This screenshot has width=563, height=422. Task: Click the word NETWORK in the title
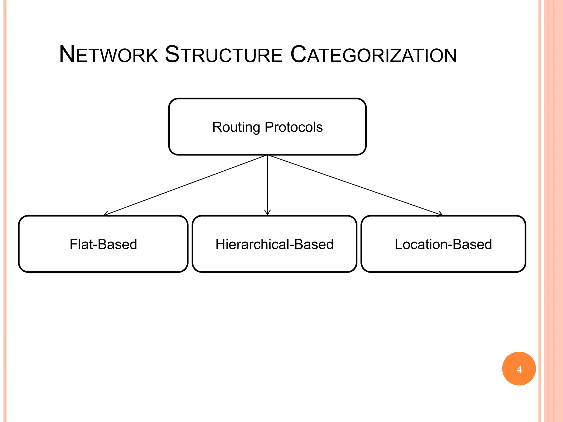coord(109,55)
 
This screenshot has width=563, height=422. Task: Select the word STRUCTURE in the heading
coord(223,55)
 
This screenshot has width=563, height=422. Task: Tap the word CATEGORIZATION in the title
coord(373,55)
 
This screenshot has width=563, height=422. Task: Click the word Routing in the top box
coord(236,127)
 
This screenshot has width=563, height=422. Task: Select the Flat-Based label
coord(103,244)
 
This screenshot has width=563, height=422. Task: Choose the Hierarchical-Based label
coord(274,244)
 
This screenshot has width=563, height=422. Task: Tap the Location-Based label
coord(443,244)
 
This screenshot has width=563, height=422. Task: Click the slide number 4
coord(519,369)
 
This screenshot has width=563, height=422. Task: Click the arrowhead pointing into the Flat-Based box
coord(106,214)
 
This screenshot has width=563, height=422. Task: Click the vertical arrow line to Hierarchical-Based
coord(267,184)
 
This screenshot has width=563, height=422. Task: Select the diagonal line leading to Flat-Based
coord(186,185)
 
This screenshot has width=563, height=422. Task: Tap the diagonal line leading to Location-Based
coord(355,185)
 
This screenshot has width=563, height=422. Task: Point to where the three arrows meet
coord(267,155)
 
